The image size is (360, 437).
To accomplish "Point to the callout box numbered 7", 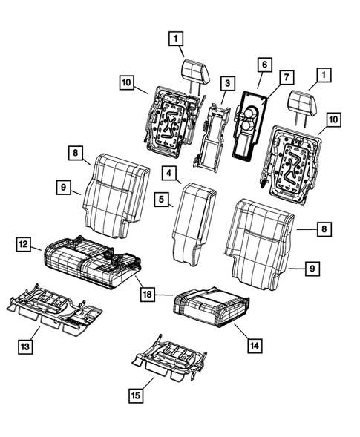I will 285,77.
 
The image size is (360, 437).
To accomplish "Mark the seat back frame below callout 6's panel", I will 293,162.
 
